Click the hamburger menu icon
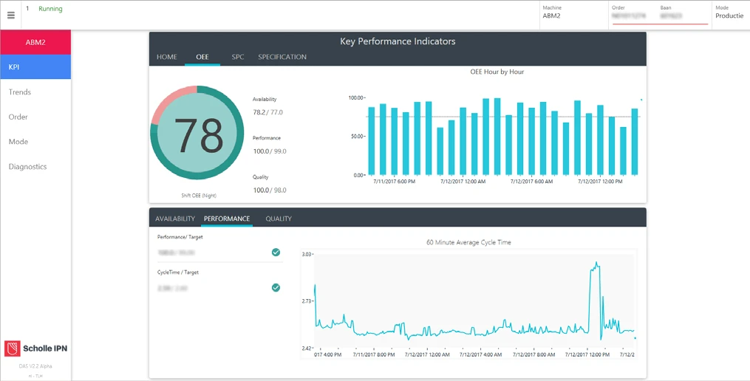pos(11,15)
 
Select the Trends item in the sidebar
pos(20,92)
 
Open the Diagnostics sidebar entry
pos(27,167)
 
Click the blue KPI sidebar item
pos(35,67)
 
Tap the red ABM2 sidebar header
pos(35,42)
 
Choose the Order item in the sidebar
pos(18,117)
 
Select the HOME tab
pos(166,57)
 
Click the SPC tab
pos(237,57)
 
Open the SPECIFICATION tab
pos(282,57)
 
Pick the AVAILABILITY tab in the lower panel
pos(175,219)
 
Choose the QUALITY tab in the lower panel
pos(279,219)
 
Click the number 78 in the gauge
pos(197,135)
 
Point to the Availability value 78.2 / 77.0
pos(267,112)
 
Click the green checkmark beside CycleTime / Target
pos(276,288)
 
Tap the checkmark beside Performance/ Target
pos(276,253)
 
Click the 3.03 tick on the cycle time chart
pos(307,254)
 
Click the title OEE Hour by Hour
pos(497,72)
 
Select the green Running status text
pos(50,9)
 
